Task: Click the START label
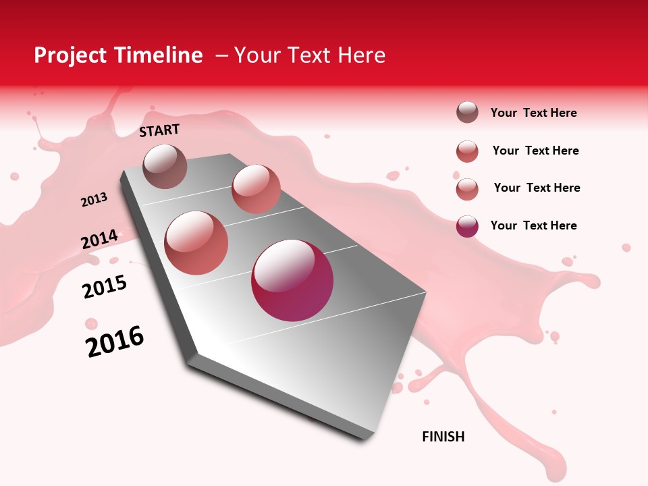[x=159, y=130]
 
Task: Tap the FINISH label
[x=443, y=437]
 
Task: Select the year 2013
[x=94, y=200]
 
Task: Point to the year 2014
[x=99, y=240]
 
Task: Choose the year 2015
[x=105, y=287]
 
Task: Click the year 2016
[x=115, y=342]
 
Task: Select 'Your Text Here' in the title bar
[x=310, y=55]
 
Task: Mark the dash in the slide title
[x=221, y=56]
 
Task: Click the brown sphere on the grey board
[x=165, y=166]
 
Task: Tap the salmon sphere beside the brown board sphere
[x=256, y=188]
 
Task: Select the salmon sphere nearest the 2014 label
[x=196, y=243]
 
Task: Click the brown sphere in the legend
[x=467, y=113]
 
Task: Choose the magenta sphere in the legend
[x=467, y=225]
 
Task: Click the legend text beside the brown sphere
[x=533, y=113]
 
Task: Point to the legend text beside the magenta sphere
[x=533, y=225]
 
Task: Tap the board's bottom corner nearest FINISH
[x=368, y=439]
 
